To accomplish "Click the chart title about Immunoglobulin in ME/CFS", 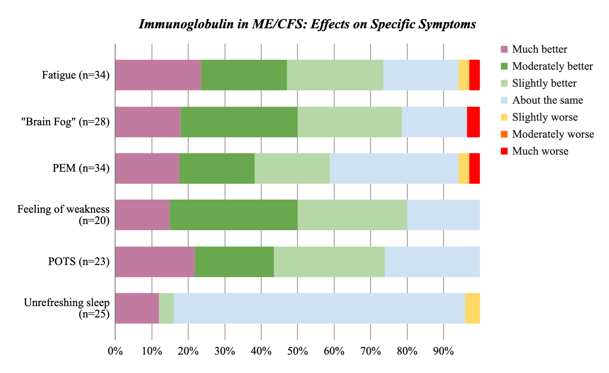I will coord(307,24).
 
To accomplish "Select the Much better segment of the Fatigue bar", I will coord(158,75).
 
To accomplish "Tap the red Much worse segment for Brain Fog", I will coord(473,122).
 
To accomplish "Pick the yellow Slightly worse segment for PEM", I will coord(464,168).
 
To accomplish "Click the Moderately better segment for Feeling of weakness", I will coord(233,215).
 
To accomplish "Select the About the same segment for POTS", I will coord(432,262).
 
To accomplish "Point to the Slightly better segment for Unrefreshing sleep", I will coord(166,308).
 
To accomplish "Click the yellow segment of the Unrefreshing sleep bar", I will coord(472,308).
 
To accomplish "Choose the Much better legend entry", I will coord(539,49).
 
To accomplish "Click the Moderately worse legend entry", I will coord(553,134).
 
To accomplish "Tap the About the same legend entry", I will coord(547,100).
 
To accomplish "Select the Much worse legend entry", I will coord(540,151).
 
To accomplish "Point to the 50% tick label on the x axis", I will coord(297,351).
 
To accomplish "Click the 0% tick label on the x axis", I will coord(115,351).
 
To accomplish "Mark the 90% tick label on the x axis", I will coord(443,351).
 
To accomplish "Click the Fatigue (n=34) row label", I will coord(76,75).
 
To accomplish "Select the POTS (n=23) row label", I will coord(79,262).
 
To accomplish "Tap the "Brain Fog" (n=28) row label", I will coord(65,122).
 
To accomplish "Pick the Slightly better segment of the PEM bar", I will coord(292,168).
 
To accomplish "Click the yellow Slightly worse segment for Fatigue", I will coord(464,75).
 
